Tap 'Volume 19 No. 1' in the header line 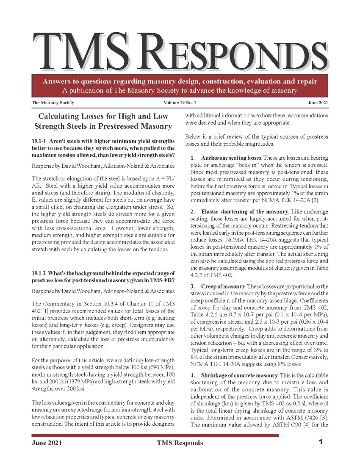(x=180, y=103)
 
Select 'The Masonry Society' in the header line (x=53, y=103)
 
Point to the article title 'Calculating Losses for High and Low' (x=103, y=116)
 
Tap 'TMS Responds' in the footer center (x=180, y=443)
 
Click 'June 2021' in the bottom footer (x=47, y=443)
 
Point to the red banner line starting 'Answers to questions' (x=180, y=81)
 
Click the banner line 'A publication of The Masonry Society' (x=180, y=91)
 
